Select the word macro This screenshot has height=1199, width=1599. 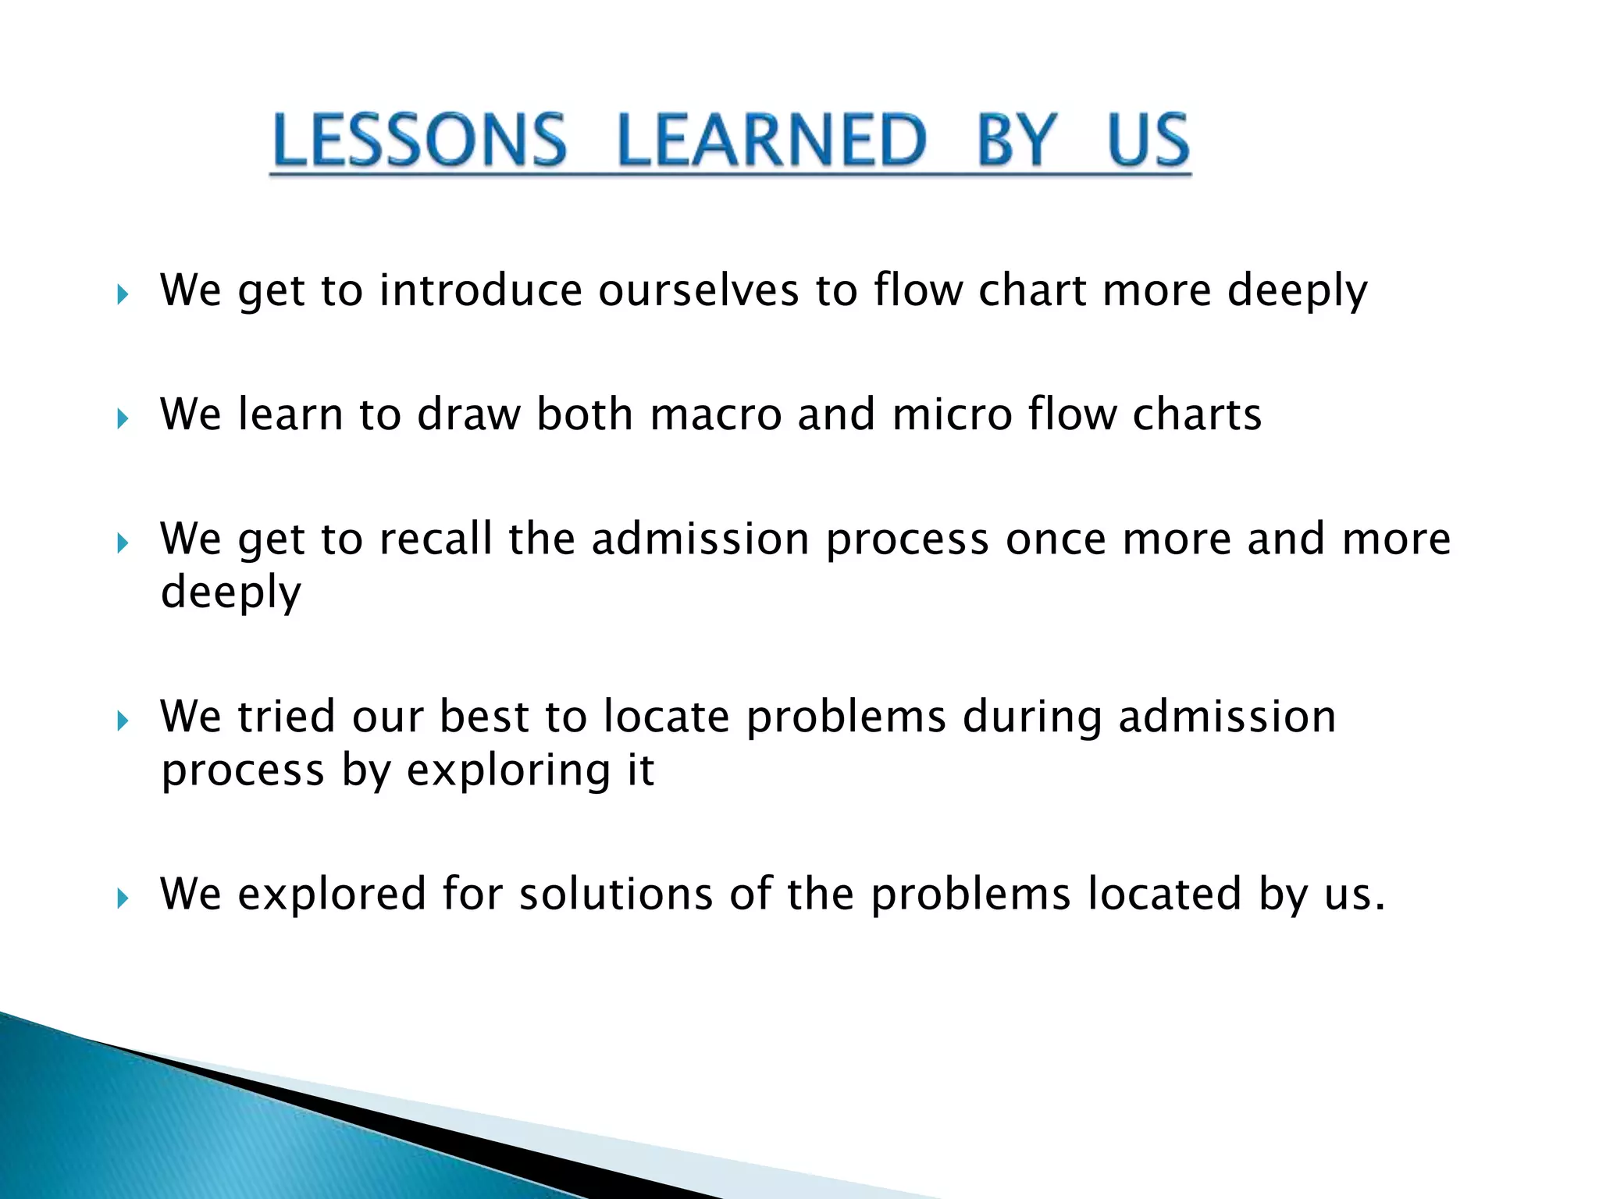point(715,414)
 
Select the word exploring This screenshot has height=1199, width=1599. point(508,771)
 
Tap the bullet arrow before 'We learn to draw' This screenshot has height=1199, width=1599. point(123,419)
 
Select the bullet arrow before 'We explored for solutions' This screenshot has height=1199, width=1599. point(123,898)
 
